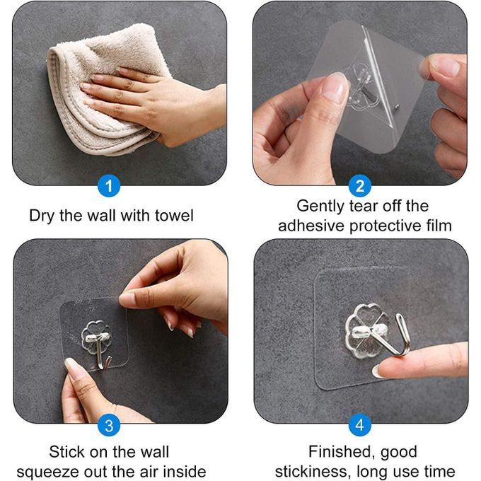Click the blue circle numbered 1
(x=109, y=186)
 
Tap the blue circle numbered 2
(x=360, y=186)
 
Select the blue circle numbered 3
(x=109, y=425)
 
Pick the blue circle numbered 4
(x=360, y=425)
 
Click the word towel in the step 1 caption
(x=174, y=215)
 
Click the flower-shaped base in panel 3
(x=96, y=337)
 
